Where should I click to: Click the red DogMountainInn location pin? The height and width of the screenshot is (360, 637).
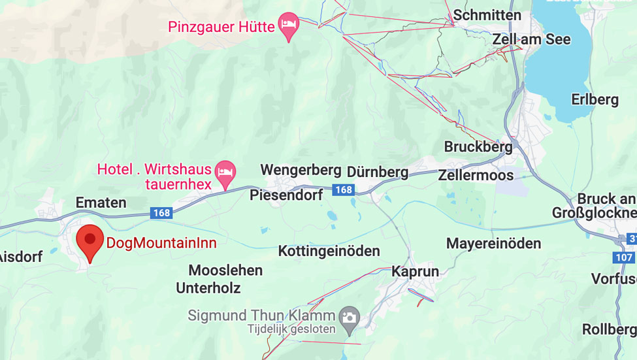[x=90, y=240]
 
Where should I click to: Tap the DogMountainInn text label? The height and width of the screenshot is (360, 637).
[x=161, y=243]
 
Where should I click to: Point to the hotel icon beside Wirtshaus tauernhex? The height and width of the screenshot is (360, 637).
[x=225, y=172]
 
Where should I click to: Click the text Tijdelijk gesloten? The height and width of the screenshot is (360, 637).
[x=291, y=330]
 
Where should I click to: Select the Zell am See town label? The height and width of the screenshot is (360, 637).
[x=531, y=39]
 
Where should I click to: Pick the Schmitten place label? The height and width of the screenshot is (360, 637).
[x=487, y=15]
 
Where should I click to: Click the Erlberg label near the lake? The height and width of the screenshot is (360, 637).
[x=595, y=100]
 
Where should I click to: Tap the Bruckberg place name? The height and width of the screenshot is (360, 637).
[x=478, y=147]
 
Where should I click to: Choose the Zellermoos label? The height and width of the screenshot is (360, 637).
[x=476, y=175]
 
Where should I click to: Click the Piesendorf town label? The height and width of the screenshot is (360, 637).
[x=286, y=195]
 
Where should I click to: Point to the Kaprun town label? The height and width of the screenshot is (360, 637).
[x=415, y=271]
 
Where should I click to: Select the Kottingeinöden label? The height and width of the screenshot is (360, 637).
[x=329, y=251]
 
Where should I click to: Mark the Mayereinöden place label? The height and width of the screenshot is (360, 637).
[x=493, y=244]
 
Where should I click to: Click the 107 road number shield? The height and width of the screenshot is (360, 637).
[x=624, y=257]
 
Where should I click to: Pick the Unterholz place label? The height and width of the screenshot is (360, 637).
[x=208, y=287]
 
